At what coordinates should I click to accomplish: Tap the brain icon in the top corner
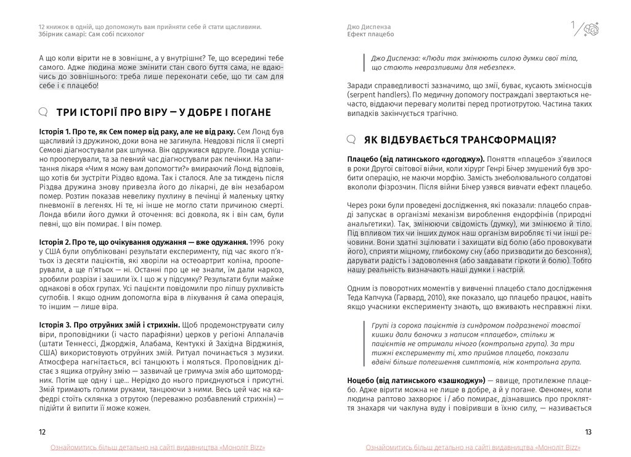(591, 28)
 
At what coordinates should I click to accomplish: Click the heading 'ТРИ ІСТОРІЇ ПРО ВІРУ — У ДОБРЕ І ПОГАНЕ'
(163, 112)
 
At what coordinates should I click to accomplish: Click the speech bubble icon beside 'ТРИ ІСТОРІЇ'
(43, 112)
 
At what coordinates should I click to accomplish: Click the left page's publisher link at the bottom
(158, 447)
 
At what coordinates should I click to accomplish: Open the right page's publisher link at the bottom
(473, 447)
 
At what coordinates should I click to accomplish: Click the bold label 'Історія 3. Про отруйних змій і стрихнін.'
(109, 325)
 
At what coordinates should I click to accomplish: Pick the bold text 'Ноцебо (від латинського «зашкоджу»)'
(416, 381)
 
